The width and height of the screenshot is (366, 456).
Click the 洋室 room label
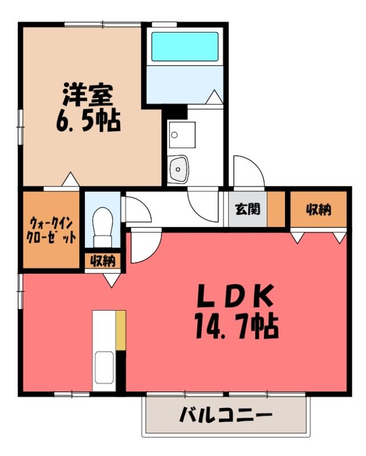coord(88,95)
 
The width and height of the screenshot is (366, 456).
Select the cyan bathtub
coord(185,47)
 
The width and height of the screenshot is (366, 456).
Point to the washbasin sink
coord(178,169)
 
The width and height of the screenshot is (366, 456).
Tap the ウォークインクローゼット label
coord(51,231)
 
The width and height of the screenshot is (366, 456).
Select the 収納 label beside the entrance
coord(319,209)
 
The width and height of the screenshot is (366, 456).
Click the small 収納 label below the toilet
coord(103,261)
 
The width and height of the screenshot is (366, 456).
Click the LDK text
coord(235,296)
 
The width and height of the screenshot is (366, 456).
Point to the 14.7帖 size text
coord(237,326)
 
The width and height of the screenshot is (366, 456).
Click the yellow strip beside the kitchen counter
coord(121,331)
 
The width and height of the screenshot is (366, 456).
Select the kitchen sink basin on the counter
coord(104,367)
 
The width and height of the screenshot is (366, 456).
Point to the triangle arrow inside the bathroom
coord(214,96)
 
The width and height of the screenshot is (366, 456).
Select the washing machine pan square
coord(182,135)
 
